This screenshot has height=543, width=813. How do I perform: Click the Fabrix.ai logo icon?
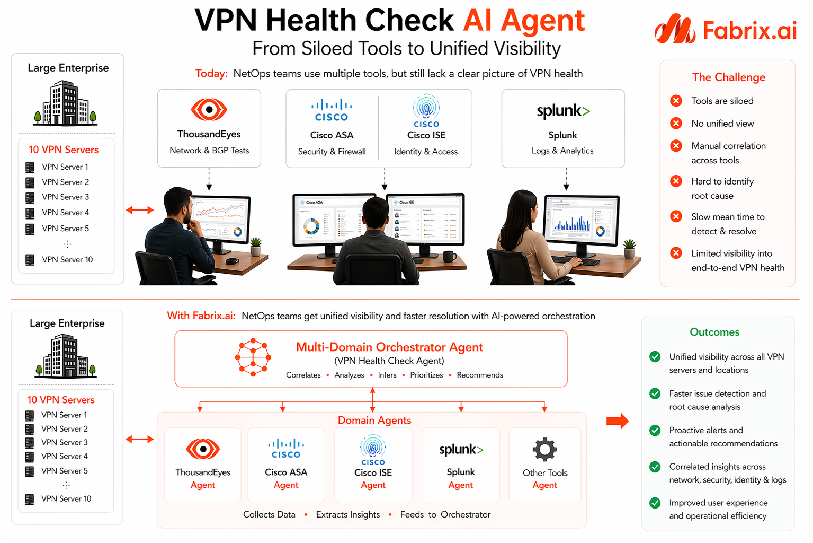675,30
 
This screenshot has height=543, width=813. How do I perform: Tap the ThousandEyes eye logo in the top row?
209,110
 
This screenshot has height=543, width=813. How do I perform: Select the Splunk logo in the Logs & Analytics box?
563,111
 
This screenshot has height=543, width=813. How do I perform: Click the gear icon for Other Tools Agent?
544,450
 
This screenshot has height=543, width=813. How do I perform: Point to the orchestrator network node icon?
253,357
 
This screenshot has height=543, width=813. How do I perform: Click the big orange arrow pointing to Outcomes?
617,421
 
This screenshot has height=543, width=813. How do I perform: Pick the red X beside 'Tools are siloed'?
676,101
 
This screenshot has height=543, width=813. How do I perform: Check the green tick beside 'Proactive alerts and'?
655,430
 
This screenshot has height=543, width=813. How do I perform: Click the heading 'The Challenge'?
728,77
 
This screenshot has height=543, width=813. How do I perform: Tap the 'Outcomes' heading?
714,332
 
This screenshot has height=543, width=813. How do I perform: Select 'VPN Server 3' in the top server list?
65,197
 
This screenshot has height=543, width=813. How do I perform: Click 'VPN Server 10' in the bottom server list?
66,499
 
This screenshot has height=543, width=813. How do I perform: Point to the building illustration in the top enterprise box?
65,103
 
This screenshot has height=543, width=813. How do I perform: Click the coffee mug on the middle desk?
449,257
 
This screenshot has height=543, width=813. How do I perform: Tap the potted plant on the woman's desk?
629,248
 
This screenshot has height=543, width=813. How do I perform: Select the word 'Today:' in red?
211,74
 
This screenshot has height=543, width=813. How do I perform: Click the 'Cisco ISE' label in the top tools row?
426,135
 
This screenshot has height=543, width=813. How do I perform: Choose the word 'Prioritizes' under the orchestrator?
426,375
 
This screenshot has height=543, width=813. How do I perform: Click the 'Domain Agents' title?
374,421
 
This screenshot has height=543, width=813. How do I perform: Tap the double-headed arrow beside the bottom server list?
140,439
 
